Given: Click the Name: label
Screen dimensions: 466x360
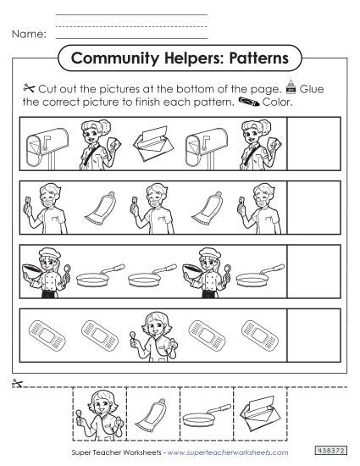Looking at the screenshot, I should [x=27, y=35].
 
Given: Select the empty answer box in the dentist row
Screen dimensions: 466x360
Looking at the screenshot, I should [x=313, y=203].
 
